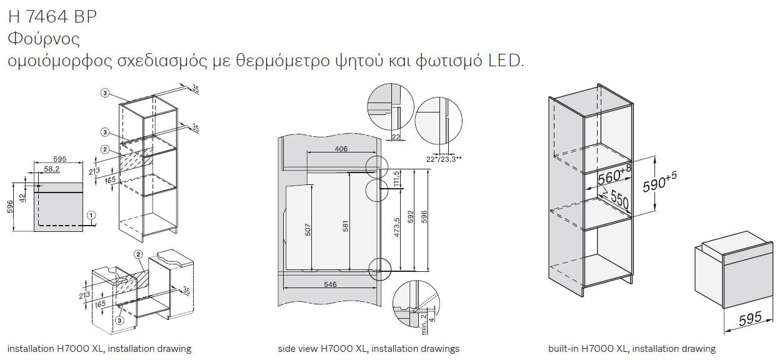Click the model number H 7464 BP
coord(52,16)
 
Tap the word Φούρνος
coord(44,39)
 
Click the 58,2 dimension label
coord(52,169)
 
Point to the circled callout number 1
coord(91,215)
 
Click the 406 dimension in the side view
coord(341,149)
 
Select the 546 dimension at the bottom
coord(330,284)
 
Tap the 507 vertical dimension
coord(308,230)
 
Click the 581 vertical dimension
coord(345,226)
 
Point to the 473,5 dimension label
coord(396,227)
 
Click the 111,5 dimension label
coord(396,179)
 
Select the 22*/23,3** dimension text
coord(444,159)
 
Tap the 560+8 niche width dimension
coord(614,174)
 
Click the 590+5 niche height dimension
coord(659,182)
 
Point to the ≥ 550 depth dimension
coord(615,198)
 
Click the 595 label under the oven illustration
coord(750,319)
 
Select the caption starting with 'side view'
coord(369,349)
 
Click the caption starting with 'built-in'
coord(632,349)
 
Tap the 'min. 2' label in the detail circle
coord(423,324)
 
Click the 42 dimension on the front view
coord(23,198)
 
